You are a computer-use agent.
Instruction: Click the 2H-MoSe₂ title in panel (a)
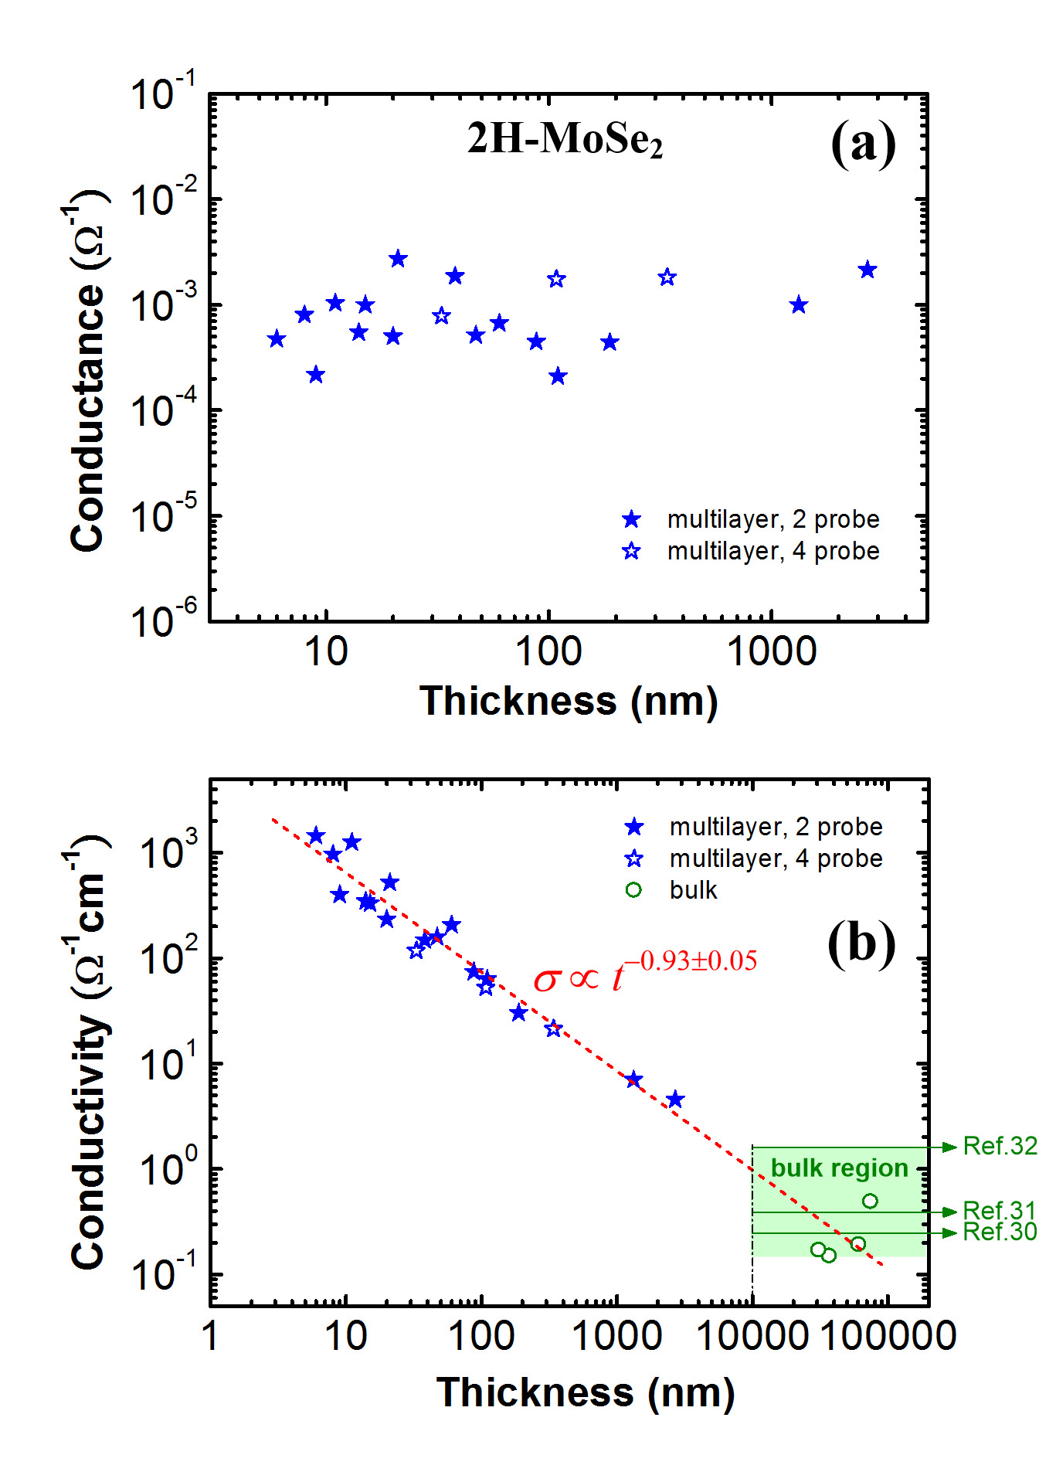pos(565,140)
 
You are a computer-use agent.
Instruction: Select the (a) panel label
pos(863,143)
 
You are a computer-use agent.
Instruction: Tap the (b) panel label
pos(861,943)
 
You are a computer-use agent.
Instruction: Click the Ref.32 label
pos(1000,1146)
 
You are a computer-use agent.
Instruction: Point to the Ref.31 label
pos(1000,1210)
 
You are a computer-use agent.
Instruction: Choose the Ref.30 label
pos(1000,1232)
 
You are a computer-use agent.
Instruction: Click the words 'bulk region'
pos(839,1168)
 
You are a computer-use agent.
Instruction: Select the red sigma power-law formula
pos(645,972)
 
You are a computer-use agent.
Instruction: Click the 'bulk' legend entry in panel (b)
pos(693,890)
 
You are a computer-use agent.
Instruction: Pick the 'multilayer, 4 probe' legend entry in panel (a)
pos(772,551)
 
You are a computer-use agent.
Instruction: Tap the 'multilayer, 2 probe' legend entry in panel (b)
pos(775,827)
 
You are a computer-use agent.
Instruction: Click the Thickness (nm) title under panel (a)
pos(569,702)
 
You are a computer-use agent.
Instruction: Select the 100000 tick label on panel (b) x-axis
pos(888,1335)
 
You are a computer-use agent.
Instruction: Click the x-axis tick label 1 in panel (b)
pos(210,1335)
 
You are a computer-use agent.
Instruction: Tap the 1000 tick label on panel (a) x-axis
pos(772,651)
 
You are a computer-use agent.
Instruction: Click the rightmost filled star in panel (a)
pos(868,270)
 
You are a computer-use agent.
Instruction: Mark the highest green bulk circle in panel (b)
pos(870,1201)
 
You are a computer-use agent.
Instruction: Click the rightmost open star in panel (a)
pos(667,277)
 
